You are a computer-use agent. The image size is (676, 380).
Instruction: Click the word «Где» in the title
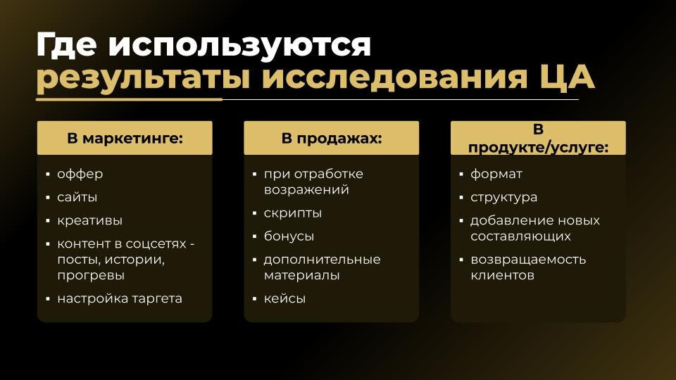pyautogui.click(x=66, y=46)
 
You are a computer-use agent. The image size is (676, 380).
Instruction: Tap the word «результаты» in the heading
pyautogui.click(x=142, y=79)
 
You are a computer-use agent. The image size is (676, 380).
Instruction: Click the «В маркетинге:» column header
pyautogui.click(x=125, y=138)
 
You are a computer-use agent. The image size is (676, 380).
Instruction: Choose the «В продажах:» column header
pyautogui.click(x=331, y=138)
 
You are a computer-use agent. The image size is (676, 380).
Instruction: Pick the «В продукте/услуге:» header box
pyautogui.click(x=538, y=138)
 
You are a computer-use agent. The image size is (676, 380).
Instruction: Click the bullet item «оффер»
pyautogui.click(x=80, y=174)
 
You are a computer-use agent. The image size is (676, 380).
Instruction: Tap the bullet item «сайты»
pyautogui.click(x=77, y=197)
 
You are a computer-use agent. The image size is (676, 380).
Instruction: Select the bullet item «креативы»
pyautogui.click(x=90, y=220)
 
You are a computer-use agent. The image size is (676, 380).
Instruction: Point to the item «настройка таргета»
pyautogui.click(x=120, y=298)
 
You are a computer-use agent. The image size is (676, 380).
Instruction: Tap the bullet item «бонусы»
pyautogui.click(x=289, y=236)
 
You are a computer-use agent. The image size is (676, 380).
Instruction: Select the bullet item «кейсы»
pyautogui.click(x=284, y=298)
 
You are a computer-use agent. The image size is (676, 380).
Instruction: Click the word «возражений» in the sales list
pyautogui.click(x=306, y=189)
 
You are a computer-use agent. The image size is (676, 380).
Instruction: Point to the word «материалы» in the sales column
pyautogui.click(x=301, y=275)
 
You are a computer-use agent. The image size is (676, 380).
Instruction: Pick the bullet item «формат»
pyautogui.click(x=496, y=174)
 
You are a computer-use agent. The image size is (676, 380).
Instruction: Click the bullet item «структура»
pyautogui.click(x=503, y=197)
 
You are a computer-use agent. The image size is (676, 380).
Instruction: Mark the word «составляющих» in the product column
pyautogui.click(x=520, y=236)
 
